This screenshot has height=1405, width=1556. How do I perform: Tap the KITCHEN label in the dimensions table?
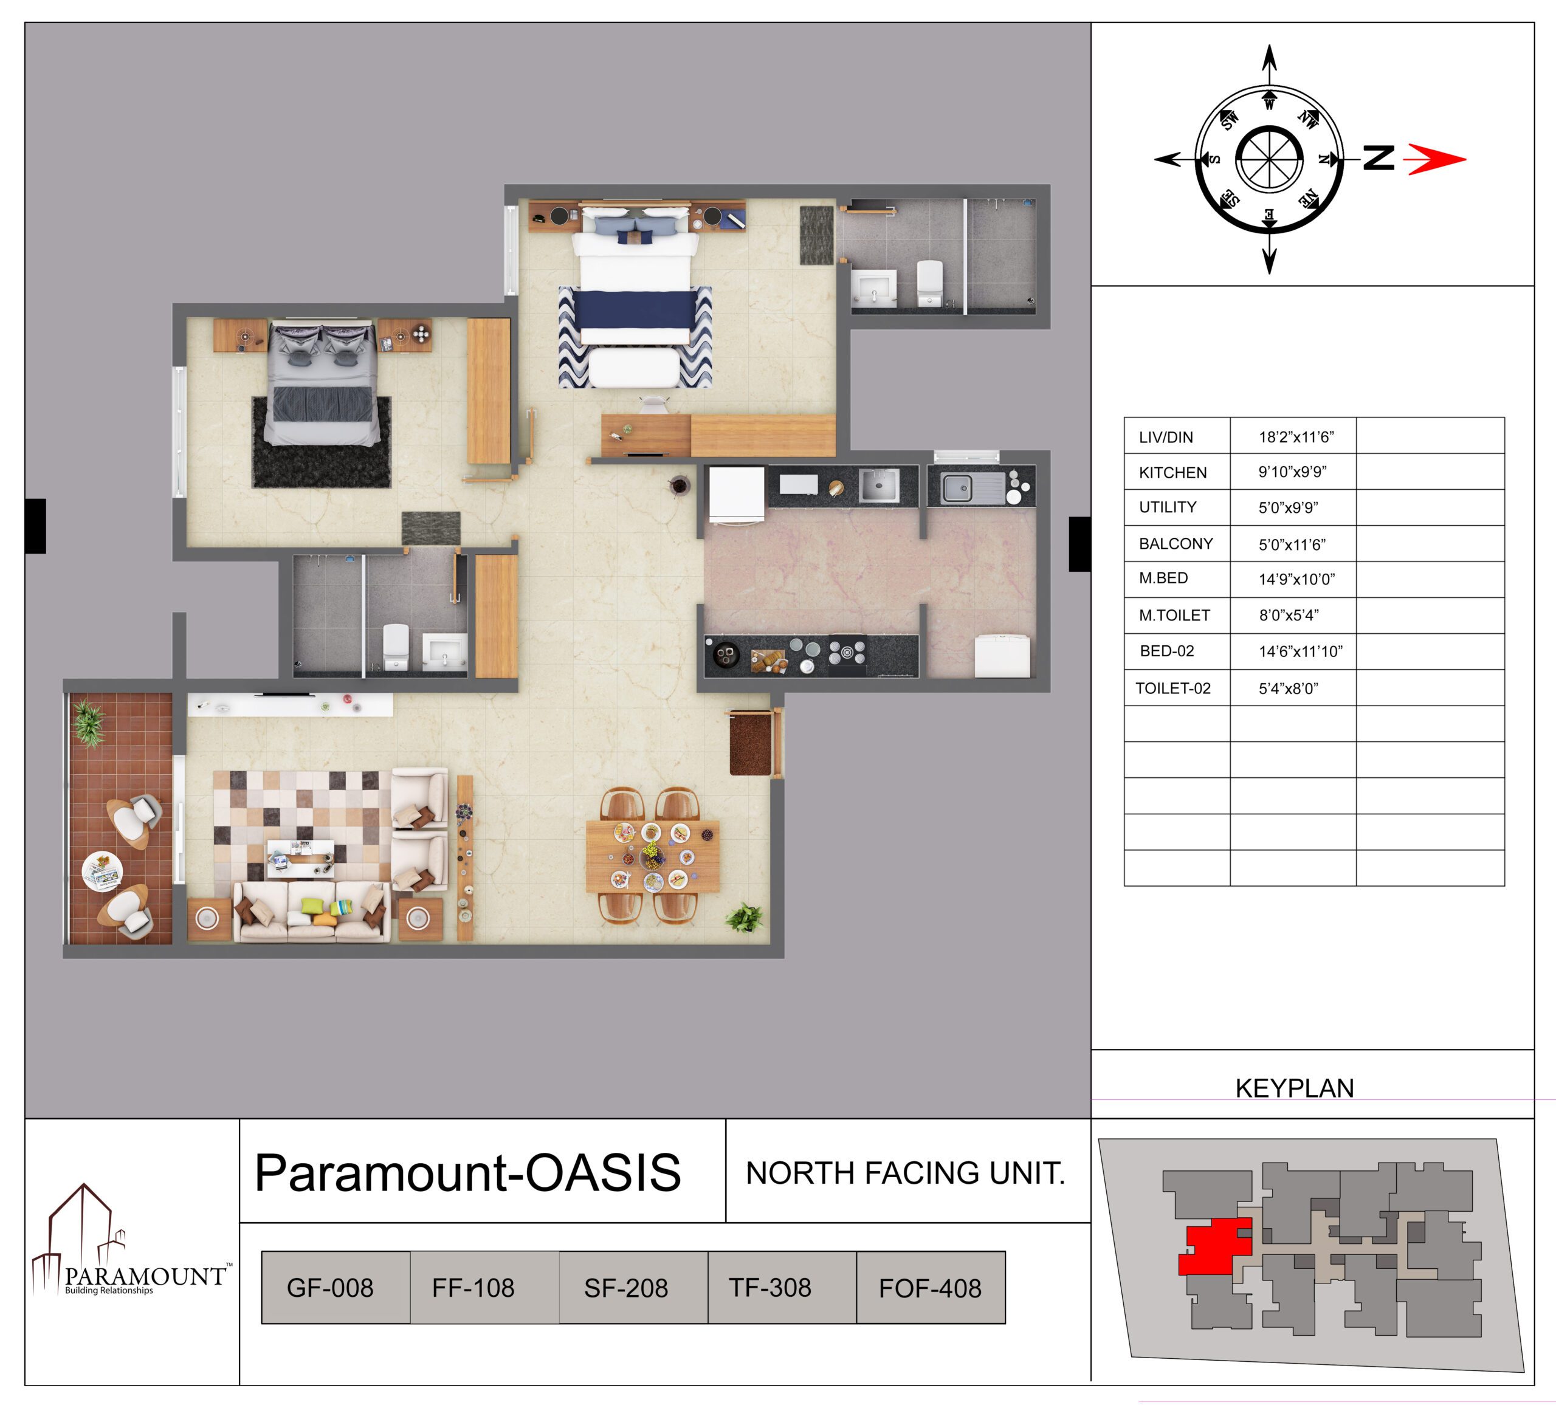coord(1172,472)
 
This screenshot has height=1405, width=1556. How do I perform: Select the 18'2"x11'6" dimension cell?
coord(1296,437)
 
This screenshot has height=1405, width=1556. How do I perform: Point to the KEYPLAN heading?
coord(1295,1087)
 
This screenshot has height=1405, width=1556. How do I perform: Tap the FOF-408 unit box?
coord(931,1288)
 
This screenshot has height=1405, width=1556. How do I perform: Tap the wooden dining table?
coord(653,856)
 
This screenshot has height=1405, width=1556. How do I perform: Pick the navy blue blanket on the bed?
coord(635,309)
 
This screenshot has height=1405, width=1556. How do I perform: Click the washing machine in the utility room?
coord(1002,655)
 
